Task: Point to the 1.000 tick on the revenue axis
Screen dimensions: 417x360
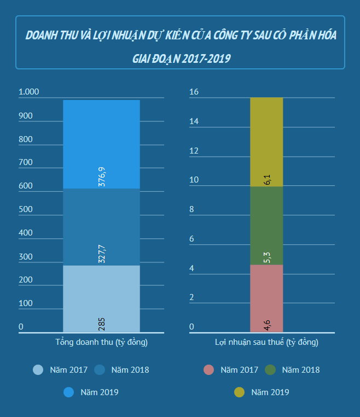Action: [x=29, y=92]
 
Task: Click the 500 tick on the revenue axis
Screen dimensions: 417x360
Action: [x=26, y=209]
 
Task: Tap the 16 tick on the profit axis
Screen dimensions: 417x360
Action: [x=193, y=92]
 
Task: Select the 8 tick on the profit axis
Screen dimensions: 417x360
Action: [x=191, y=209]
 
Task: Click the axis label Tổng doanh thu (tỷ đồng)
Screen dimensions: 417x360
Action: [x=102, y=343]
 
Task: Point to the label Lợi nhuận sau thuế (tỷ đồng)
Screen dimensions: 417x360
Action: [x=266, y=343]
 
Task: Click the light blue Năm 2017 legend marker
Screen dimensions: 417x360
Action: [x=38, y=370]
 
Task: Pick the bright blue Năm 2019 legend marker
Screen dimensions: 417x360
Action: [x=68, y=392]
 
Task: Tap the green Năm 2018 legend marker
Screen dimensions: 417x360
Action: [x=270, y=370]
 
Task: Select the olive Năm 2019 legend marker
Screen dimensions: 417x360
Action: [x=239, y=392]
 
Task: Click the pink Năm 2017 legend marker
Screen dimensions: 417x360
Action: [x=208, y=370]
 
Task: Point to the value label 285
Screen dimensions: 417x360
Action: [x=101, y=324]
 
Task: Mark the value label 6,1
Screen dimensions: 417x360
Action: [x=267, y=179]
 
